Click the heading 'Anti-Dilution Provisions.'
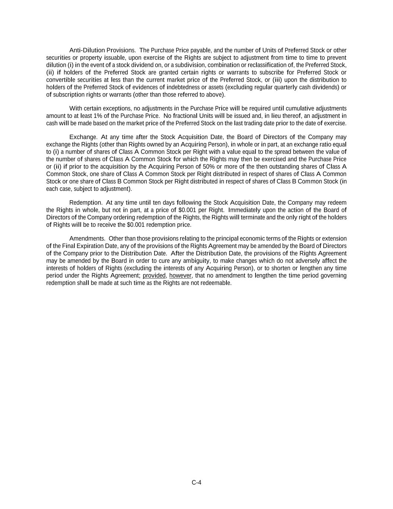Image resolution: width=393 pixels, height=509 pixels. tap(102, 50)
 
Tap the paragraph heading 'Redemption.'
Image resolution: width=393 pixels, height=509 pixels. tap(86, 203)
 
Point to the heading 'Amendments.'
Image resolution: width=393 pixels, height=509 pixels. tap(88, 239)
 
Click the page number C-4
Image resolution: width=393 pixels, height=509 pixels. tap(196, 483)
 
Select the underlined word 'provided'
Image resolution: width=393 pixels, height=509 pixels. tap(154, 276)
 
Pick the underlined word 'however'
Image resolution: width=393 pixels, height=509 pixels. tap(180, 276)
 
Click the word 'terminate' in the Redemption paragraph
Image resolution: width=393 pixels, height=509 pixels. tap(253, 217)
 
